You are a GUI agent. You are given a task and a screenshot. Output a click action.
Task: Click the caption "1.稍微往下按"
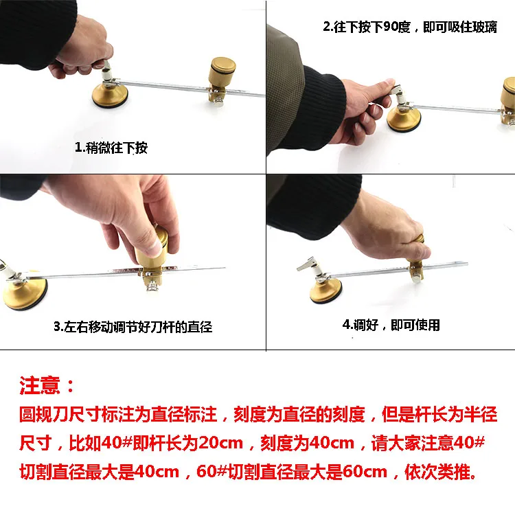(x=111, y=148)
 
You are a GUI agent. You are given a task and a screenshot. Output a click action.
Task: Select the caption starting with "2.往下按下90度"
(x=410, y=28)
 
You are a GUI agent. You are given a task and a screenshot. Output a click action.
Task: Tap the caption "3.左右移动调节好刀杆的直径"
(x=133, y=327)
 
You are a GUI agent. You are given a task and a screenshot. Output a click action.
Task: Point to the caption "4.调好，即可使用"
(x=391, y=324)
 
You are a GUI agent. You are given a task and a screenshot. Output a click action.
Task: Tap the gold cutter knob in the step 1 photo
(x=222, y=69)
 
